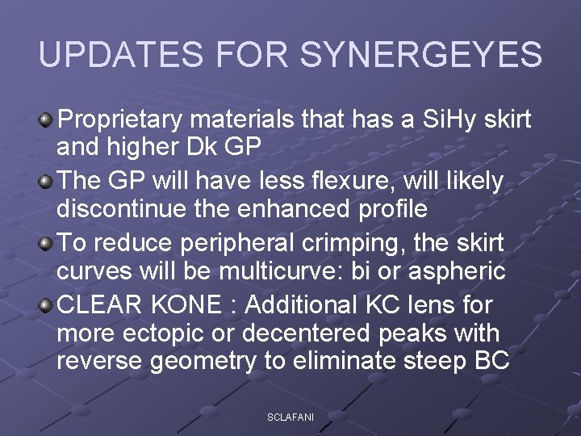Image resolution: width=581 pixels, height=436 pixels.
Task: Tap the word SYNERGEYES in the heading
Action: (421, 55)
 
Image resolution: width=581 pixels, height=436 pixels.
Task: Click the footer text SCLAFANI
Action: (290, 416)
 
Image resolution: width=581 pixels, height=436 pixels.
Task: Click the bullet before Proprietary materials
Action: (46, 121)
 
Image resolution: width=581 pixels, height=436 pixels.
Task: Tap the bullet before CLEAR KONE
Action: (46, 305)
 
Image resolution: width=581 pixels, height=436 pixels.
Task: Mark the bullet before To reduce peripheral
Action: (46, 243)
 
